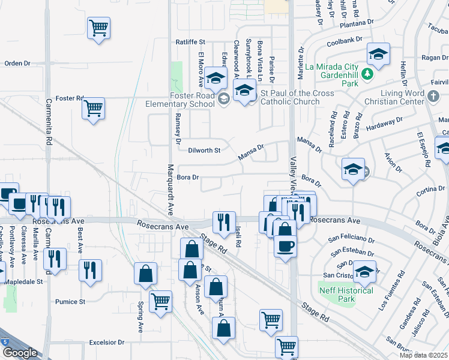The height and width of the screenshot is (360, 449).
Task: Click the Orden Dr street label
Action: (17, 63)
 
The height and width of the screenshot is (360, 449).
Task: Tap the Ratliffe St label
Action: (190, 43)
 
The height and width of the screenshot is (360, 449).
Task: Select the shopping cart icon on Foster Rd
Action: (93, 109)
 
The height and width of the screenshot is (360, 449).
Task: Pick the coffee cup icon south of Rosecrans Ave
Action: (285, 245)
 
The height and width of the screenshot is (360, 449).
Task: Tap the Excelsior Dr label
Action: (106, 343)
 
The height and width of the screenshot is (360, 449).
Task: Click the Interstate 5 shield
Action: (4, 341)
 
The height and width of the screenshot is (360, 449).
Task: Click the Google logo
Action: (19, 353)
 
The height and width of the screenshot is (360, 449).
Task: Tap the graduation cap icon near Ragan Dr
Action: (378, 55)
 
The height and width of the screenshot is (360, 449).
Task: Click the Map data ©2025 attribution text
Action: (423, 355)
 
